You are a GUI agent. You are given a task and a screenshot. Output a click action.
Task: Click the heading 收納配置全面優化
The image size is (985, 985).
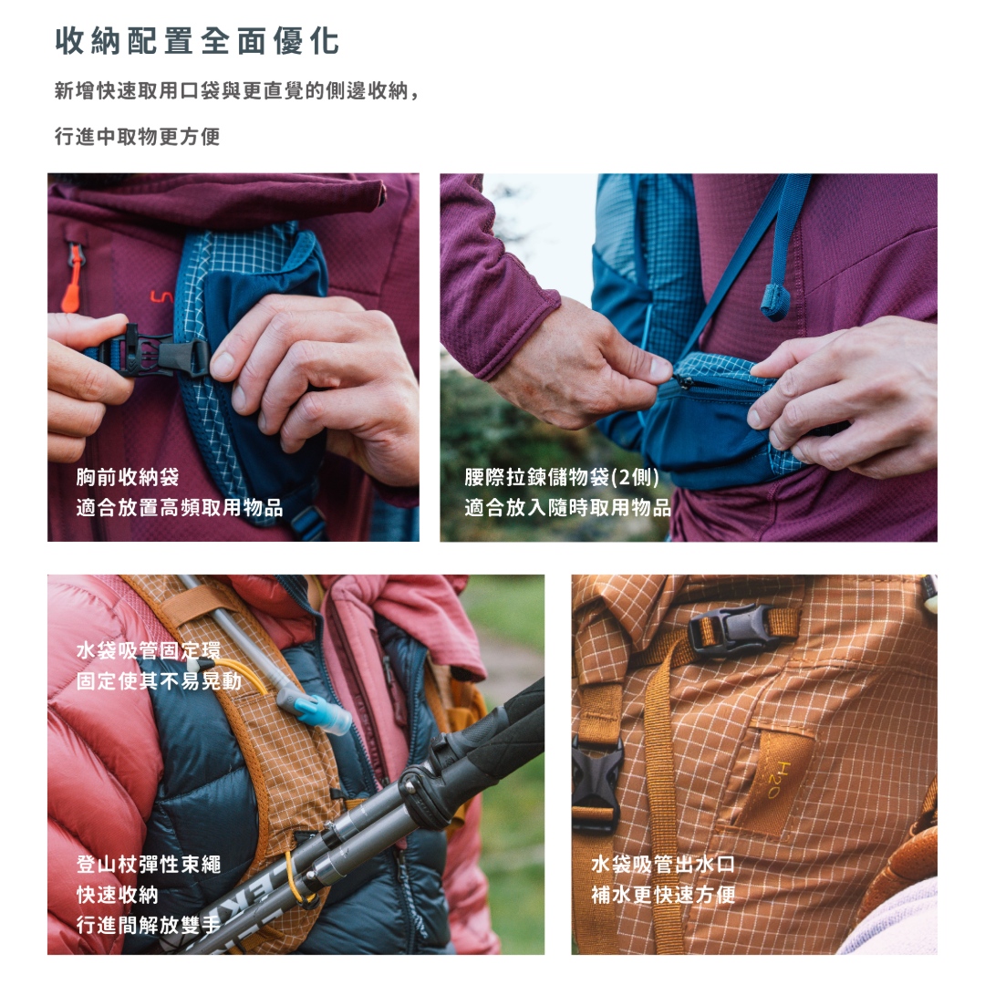pos(197,41)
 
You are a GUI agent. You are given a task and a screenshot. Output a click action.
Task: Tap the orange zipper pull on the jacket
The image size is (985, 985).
pos(73,277)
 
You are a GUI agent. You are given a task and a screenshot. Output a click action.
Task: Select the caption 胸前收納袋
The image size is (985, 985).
pos(128,477)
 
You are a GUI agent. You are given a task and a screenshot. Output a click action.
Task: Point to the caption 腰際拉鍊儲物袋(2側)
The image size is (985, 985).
pos(562,477)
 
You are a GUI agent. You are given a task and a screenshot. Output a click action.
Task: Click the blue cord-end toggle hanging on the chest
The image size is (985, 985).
pos(774,302)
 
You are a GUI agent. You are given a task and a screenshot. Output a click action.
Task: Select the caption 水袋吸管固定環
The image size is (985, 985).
pos(149,650)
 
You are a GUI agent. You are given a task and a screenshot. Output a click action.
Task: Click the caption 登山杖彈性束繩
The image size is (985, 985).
pos(149,865)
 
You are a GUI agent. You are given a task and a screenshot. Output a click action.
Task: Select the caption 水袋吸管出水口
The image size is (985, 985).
pos(663,865)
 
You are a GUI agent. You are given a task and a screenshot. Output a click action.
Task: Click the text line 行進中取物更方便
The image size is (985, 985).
pos(138,136)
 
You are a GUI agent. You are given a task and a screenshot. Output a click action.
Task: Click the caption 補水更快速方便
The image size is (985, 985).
pos(663,895)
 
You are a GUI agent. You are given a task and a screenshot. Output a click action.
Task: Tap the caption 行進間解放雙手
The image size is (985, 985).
pos(149,925)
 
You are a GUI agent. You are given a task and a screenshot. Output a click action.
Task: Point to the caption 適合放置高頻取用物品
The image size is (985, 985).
pos(180,508)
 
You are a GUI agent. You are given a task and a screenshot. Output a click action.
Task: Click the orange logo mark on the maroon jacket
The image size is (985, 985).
pos(161,296)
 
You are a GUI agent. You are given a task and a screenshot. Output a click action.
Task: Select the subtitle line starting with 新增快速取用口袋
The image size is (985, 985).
pos(237,91)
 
